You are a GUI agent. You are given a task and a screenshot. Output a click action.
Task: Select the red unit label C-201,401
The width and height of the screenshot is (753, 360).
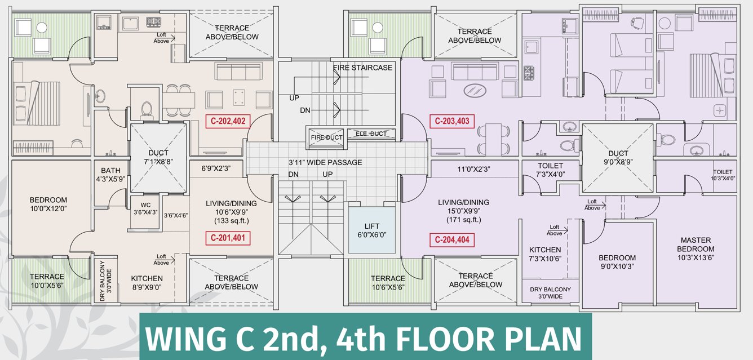tap(228, 238)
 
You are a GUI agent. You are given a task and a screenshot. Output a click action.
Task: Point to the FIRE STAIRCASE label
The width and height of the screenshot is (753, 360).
tap(362, 68)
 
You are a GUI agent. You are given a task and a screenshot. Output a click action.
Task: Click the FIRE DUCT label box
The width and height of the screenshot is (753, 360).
tap(327, 137)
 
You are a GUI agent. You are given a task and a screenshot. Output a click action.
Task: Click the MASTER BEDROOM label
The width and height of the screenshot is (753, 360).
tap(697, 245)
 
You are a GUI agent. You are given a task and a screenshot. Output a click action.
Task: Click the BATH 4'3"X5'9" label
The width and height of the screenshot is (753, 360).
tap(110, 175)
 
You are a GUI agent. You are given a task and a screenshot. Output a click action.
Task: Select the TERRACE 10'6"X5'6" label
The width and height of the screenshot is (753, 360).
tap(388, 283)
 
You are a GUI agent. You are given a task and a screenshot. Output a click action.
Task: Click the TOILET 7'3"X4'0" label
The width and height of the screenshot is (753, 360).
tap(550, 170)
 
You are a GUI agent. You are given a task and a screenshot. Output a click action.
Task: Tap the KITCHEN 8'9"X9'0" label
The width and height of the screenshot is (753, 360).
tap(147, 283)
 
